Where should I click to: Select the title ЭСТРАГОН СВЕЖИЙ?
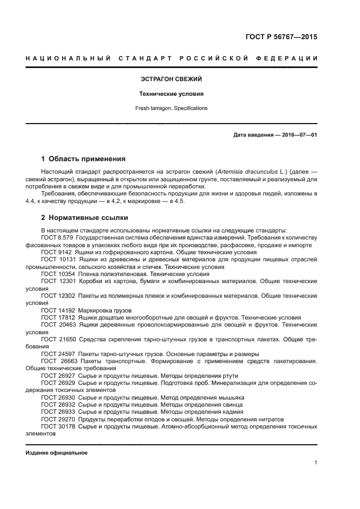[172, 79]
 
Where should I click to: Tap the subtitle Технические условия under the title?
[172, 94]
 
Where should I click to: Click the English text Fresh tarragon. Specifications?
[172, 108]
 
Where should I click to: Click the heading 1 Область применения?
[83, 159]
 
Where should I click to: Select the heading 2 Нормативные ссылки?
[84, 218]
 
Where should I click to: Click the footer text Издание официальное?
[57, 453]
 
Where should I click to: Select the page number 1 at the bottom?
[315, 463]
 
